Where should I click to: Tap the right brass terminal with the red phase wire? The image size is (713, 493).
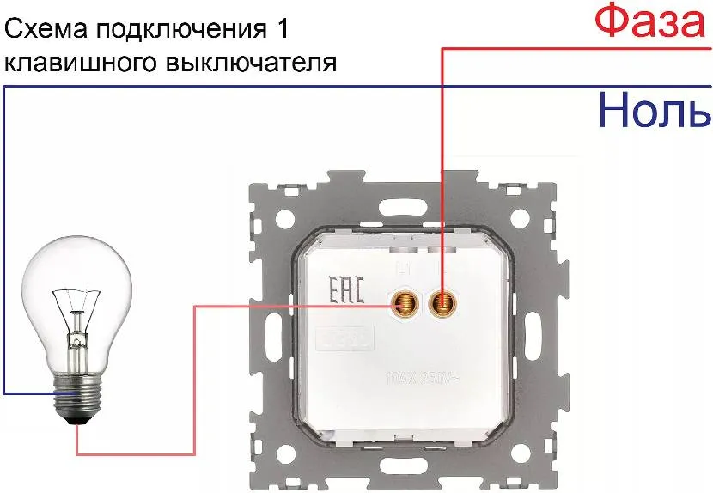pos(443,303)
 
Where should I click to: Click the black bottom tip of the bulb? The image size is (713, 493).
pos(79,420)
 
